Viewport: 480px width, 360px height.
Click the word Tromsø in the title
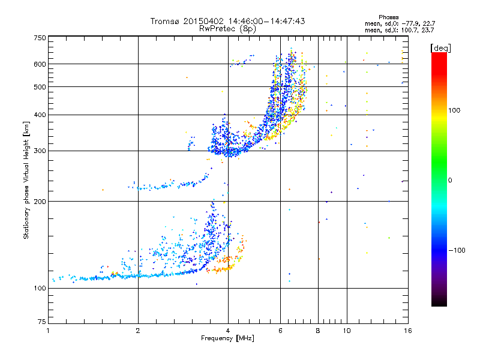pos(165,21)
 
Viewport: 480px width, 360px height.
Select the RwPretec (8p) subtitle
pos(228,28)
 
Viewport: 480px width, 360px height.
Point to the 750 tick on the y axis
pos(40,38)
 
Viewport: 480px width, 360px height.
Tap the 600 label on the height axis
pos(40,64)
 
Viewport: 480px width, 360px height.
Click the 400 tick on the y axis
pos(40,115)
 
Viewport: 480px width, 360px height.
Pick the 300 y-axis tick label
pos(40,151)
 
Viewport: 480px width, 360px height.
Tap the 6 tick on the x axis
pos(281,331)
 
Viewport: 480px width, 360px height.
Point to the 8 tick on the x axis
pos(318,331)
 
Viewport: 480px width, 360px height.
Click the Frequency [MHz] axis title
pos(227,339)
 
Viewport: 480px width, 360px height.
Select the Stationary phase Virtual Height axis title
pos(26,180)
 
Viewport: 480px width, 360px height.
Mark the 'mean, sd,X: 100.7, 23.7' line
pos(400,29)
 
